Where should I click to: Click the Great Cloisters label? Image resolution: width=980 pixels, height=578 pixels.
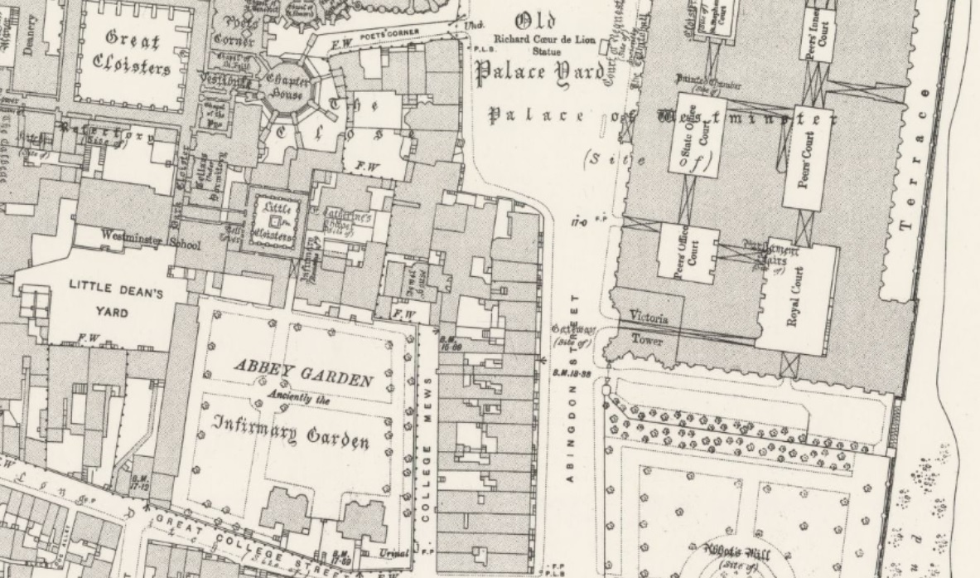point(138,51)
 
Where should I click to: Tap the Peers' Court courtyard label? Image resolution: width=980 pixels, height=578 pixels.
point(804,158)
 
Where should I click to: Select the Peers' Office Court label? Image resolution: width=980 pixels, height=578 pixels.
point(686,252)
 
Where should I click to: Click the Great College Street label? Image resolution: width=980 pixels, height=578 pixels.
point(232,538)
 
